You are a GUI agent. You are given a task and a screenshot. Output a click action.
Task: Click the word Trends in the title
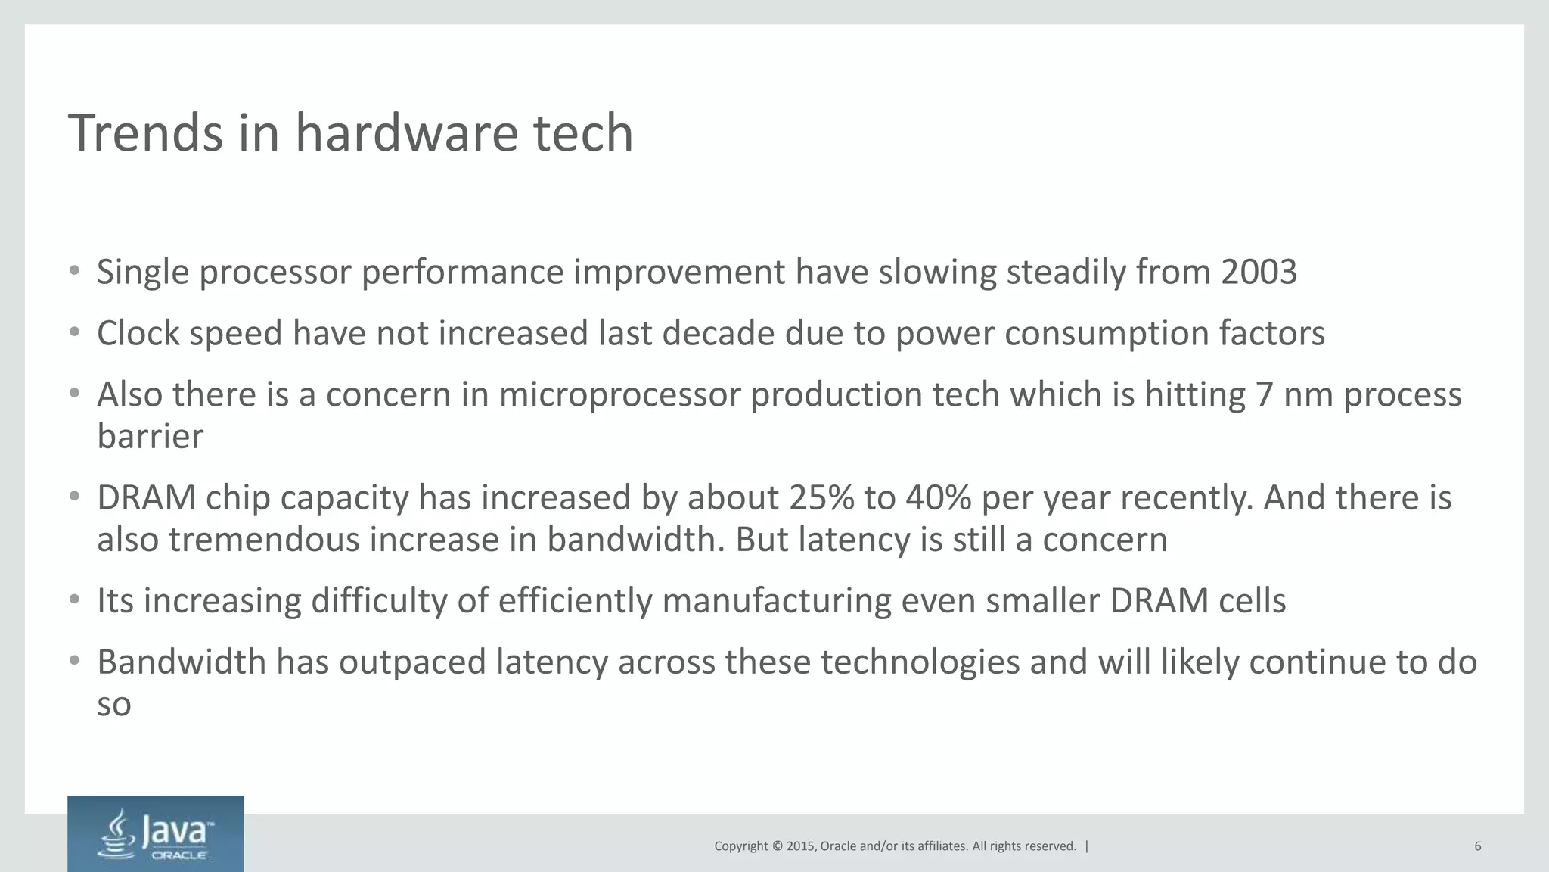145,133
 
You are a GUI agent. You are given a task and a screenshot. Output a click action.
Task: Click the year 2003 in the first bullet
1259,272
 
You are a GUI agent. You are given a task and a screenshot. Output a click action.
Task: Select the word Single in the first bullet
143,272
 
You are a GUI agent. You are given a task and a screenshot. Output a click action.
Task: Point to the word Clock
138,333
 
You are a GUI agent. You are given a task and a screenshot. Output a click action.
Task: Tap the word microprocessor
619,395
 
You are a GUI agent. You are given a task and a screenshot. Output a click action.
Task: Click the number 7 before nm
1264,395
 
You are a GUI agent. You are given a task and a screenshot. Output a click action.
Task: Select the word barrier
150,437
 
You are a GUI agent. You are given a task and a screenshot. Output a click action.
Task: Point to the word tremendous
264,540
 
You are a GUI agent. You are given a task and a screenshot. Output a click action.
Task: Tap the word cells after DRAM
1252,601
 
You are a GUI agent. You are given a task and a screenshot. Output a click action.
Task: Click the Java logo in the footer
155,833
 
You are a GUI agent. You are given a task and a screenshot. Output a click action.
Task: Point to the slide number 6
1477,846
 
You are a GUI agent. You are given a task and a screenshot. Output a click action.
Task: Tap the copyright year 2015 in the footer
800,846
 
